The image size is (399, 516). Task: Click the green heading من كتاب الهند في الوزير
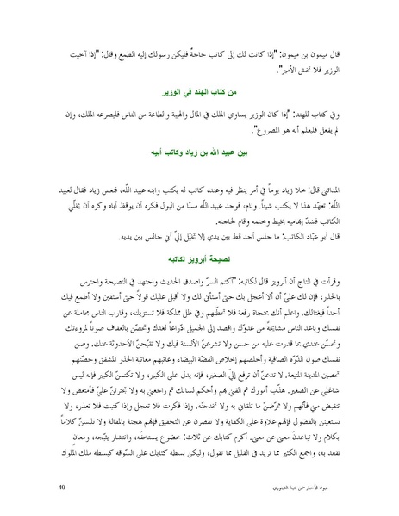click(199, 90)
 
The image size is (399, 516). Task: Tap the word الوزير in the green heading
click(174, 90)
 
